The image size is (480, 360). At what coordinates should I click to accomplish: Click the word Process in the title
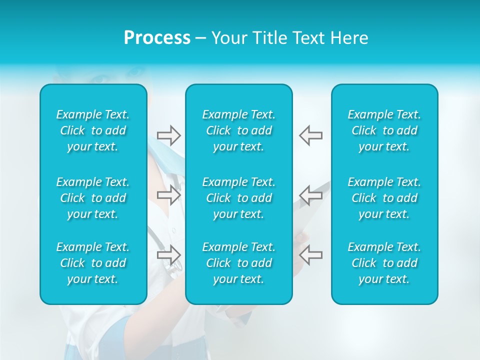157,38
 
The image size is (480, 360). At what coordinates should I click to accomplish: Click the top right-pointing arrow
169,135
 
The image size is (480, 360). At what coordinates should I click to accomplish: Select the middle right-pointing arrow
169,195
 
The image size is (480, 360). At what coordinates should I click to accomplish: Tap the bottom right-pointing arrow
169,254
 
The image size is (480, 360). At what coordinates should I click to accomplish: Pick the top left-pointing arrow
310,135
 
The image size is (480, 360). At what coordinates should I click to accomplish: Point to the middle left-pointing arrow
310,195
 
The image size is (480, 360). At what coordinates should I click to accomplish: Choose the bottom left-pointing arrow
310,254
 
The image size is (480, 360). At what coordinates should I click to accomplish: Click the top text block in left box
93,130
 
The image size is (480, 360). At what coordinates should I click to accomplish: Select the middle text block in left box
93,198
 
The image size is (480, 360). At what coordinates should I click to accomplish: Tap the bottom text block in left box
93,263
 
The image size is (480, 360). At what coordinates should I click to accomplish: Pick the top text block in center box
239,130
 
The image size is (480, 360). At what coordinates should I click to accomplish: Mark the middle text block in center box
239,198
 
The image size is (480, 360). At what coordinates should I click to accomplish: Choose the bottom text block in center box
239,263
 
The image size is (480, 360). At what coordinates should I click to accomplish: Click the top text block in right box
384,130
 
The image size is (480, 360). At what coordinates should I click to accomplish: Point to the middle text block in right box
384,198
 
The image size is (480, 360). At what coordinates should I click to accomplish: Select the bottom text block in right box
384,263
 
